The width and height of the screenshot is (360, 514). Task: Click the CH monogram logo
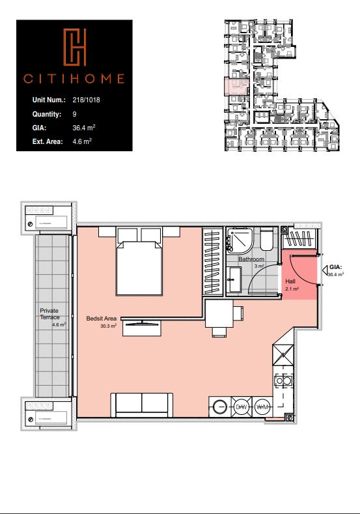(x=75, y=47)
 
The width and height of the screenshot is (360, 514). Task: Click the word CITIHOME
(x=74, y=79)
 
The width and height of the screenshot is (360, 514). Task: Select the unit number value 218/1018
(x=86, y=100)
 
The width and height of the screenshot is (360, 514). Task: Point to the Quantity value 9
(x=74, y=114)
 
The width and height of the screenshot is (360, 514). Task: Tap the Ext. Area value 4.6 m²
(x=82, y=141)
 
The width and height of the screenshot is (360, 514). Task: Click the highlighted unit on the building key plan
(x=236, y=87)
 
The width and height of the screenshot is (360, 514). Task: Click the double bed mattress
(x=139, y=268)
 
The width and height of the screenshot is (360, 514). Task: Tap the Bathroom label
(x=251, y=259)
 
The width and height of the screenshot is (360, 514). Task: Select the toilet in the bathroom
(x=267, y=240)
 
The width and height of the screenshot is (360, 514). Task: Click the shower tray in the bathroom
(x=240, y=240)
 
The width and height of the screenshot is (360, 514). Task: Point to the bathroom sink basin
(x=234, y=279)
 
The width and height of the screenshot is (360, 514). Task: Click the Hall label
(x=290, y=281)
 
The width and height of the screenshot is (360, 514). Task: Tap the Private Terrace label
(x=49, y=314)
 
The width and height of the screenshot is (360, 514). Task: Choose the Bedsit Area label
(x=101, y=319)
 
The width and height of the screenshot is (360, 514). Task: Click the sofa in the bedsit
(x=142, y=405)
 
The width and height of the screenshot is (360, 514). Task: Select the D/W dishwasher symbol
(x=242, y=407)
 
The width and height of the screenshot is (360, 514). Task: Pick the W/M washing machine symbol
(x=262, y=407)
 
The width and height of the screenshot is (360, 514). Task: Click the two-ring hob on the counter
(x=283, y=380)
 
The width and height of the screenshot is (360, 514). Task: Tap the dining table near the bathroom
(x=219, y=314)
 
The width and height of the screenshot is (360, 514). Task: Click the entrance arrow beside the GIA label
(x=325, y=270)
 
